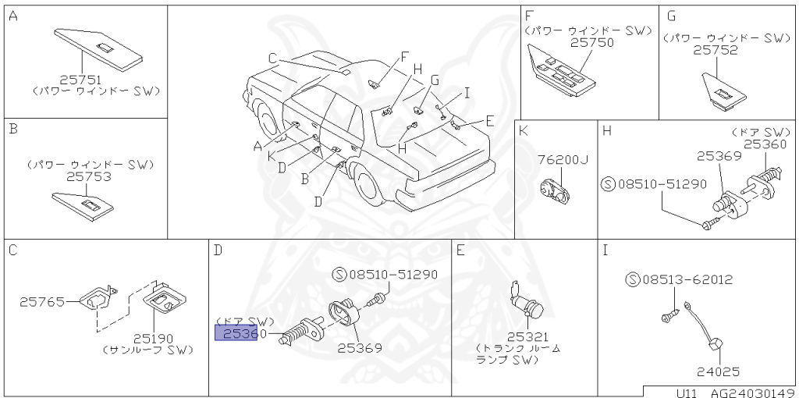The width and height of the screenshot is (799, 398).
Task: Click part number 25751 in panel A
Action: pyautogui.click(x=80, y=79)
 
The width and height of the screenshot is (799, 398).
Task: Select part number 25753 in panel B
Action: pyautogui.click(x=88, y=177)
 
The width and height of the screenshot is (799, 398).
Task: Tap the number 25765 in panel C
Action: pyautogui.click(x=41, y=300)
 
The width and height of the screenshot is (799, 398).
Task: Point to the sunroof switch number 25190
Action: pyautogui.click(x=153, y=339)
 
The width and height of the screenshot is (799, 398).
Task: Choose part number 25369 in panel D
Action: pyautogui.click(x=360, y=348)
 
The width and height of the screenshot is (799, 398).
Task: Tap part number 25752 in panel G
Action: pyautogui.click(x=716, y=49)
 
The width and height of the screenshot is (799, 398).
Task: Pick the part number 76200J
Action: pyautogui.click(x=562, y=160)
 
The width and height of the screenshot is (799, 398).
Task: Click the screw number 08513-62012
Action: pyautogui.click(x=684, y=279)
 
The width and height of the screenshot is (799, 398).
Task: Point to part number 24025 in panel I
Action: pyautogui.click(x=719, y=373)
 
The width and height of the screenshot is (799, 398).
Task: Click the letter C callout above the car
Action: pyautogui.click(x=272, y=57)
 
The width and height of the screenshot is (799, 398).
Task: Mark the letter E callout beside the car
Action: pyautogui.click(x=489, y=120)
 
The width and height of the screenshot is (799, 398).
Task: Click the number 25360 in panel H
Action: pyautogui.click(x=765, y=144)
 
